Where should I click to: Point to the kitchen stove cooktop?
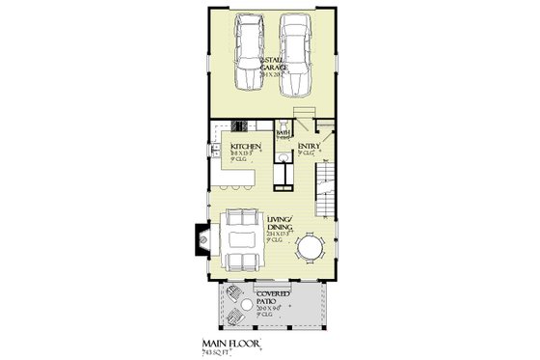[x=240, y=126]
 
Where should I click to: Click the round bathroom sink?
[x=276, y=158]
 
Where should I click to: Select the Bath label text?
[x=283, y=134]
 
